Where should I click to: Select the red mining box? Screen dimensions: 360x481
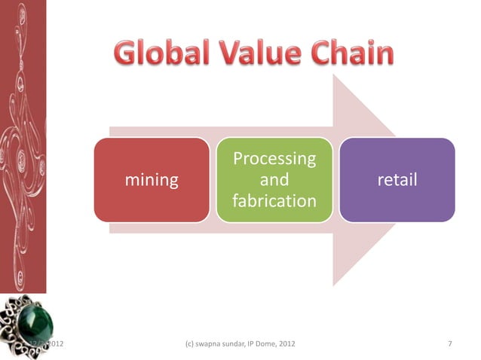tap(152, 179)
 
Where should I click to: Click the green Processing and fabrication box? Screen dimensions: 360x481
tap(274, 179)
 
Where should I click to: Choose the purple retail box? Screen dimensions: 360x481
tap(397, 179)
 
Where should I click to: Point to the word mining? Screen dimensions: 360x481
tap(152, 180)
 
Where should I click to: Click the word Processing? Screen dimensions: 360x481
tap(274, 159)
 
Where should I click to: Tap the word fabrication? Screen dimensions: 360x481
tap(274, 201)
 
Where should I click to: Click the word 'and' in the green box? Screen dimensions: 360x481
tap(274, 180)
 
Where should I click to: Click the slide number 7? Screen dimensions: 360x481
tap(449, 344)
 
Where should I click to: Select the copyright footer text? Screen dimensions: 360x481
tap(240, 344)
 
